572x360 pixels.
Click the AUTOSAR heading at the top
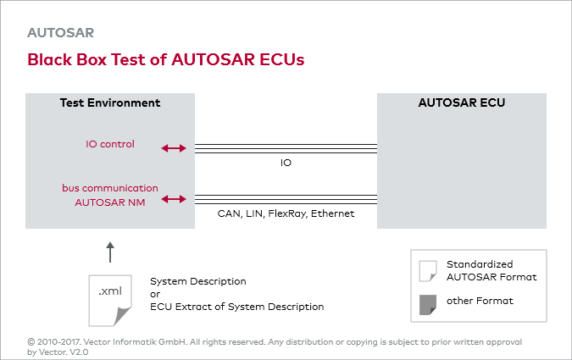tap(60, 33)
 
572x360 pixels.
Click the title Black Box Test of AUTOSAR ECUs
tap(165, 60)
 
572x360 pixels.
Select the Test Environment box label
tap(110, 103)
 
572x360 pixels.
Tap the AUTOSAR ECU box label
tap(462, 103)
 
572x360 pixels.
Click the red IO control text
tap(110, 144)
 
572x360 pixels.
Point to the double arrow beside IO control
tap(174, 148)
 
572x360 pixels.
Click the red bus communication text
tap(110, 187)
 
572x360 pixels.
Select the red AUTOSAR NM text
tap(110, 202)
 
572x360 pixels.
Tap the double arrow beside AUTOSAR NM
tap(174, 199)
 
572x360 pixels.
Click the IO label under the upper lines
tap(286, 162)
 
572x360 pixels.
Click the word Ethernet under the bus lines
tap(332, 213)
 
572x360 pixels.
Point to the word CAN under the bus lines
tap(228, 213)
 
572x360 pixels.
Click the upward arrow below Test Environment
tap(110, 251)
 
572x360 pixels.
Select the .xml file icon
tap(109, 296)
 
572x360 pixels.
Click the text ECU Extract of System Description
tap(236, 307)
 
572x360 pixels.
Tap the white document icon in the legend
tap(428, 270)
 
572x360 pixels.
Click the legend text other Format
tap(480, 301)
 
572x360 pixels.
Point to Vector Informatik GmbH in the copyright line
tap(119, 341)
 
